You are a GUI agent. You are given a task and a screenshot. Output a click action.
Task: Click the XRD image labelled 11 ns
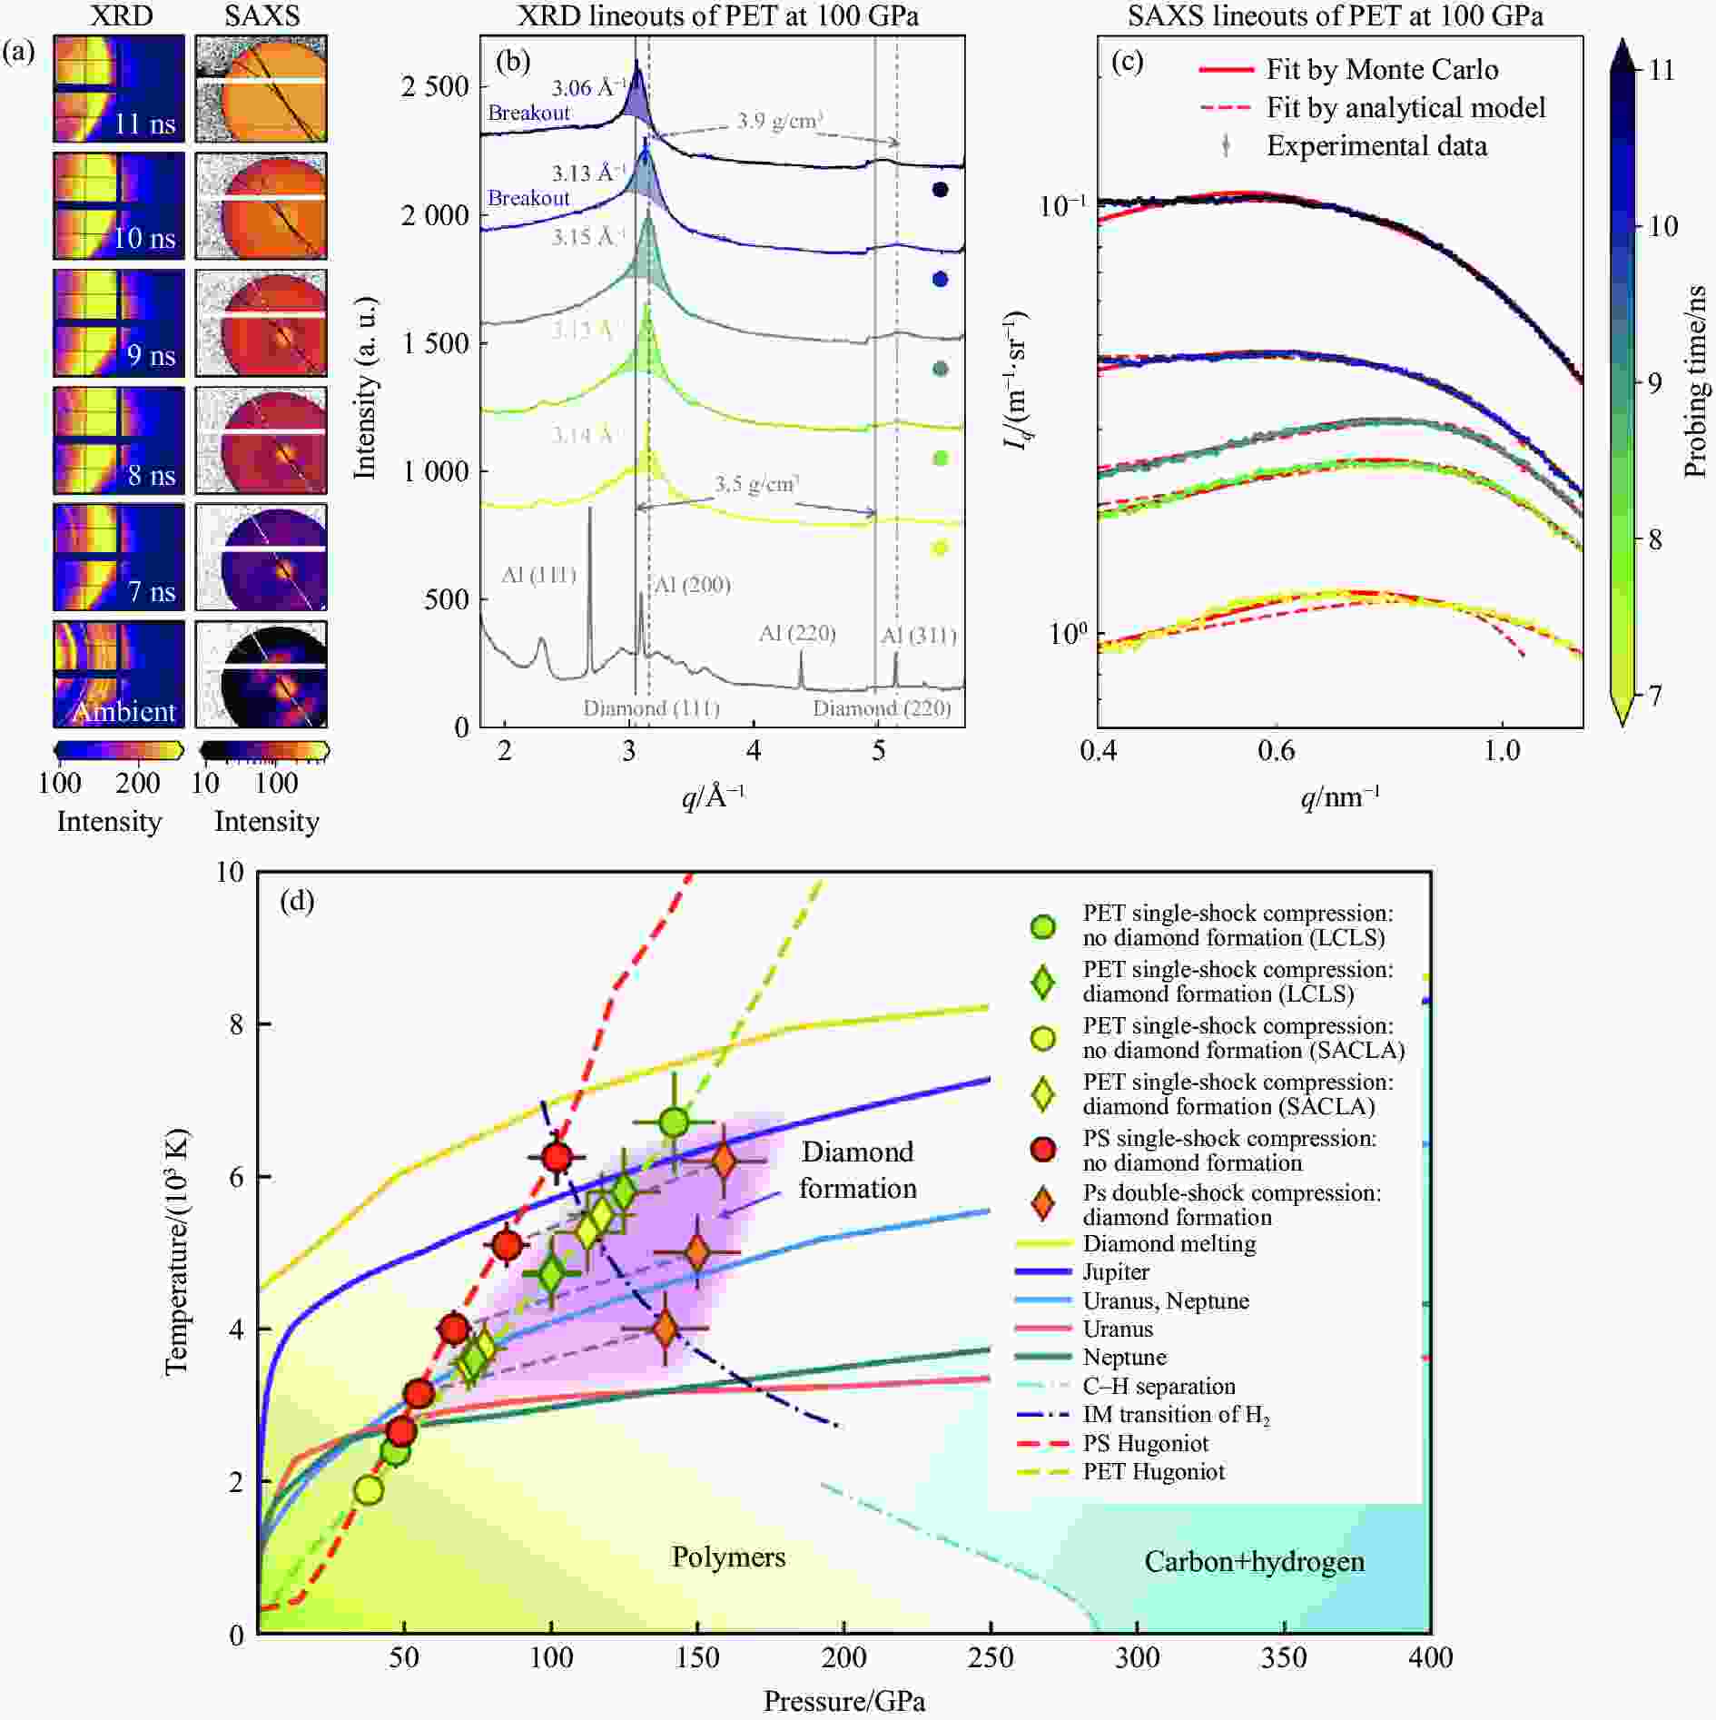118,89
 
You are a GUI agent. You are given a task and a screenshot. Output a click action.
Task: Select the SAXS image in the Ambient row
261,674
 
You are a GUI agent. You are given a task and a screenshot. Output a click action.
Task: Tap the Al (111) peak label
538,575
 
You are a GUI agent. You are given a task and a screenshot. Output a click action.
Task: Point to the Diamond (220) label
881,708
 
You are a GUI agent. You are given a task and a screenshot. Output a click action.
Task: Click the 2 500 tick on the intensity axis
435,87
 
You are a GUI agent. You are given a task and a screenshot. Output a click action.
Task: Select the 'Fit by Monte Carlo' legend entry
1381,70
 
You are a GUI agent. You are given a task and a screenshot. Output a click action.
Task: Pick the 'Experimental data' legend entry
1376,146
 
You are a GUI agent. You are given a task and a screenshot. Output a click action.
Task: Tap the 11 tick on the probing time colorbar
1661,70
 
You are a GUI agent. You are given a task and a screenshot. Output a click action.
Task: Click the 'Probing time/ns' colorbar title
1693,381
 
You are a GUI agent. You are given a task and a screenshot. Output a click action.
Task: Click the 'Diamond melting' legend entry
1169,1243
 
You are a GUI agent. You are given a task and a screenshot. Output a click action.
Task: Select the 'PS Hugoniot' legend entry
1145,1443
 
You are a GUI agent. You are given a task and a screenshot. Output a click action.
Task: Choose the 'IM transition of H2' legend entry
1176,1414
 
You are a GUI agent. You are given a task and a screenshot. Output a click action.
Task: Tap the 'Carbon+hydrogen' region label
1254,1561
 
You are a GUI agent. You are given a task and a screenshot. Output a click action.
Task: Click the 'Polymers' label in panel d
728,1557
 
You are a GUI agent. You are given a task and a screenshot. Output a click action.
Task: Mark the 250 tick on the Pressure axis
991,1657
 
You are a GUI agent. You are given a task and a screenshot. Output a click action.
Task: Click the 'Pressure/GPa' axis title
843,1701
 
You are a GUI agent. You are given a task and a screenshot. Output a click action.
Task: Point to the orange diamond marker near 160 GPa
724,1161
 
